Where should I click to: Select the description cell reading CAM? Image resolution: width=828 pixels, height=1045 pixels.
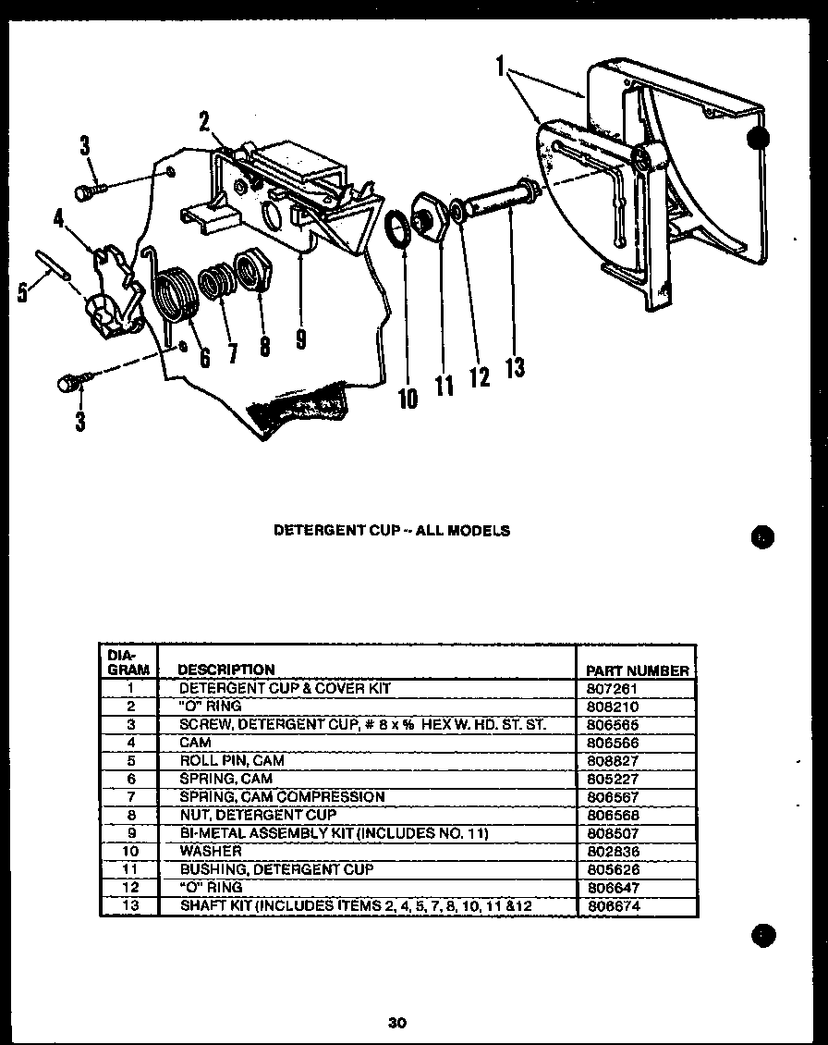pos(195,743)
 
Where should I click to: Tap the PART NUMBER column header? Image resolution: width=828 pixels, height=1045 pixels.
pos(638,670)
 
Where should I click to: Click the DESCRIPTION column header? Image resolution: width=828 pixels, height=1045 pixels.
pos(225,670)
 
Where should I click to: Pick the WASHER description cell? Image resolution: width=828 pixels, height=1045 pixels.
pos(211,851)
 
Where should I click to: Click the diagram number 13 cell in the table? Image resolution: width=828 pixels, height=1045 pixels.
pos(129,906)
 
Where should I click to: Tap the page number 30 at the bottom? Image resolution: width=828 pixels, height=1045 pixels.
pos(397,1022)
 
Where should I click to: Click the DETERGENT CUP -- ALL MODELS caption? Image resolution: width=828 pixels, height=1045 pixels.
pos(392,531)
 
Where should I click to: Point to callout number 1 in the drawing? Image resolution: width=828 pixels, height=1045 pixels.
pos(500,67)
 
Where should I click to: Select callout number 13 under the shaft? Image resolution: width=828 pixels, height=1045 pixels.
pos(515,368)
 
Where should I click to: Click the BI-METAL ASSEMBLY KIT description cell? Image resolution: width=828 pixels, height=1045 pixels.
pos(333,833)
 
